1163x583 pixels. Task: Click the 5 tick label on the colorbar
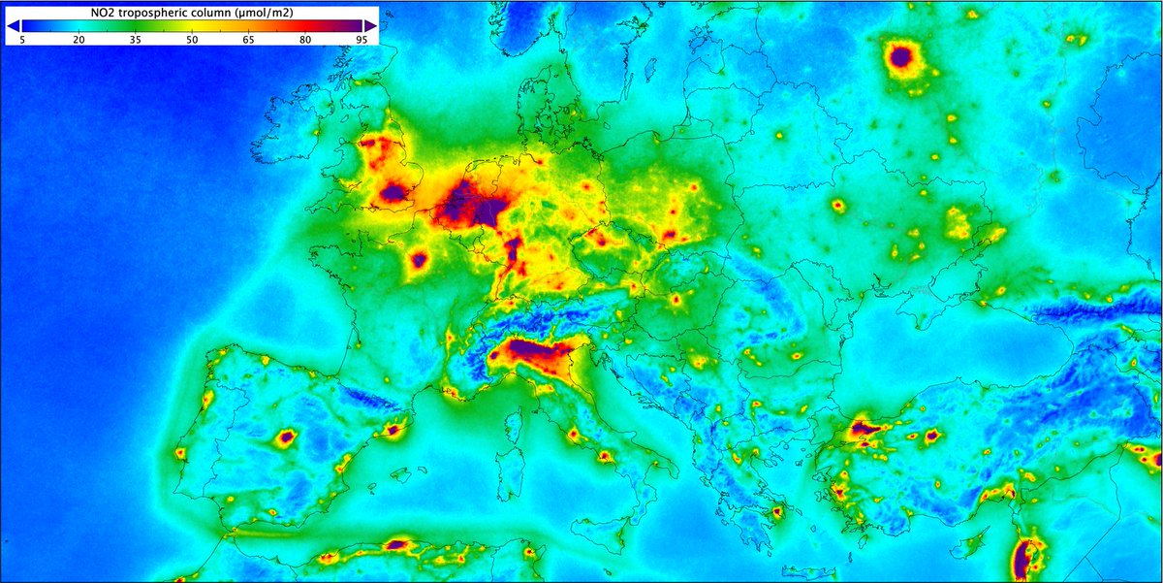(x=21, y=40)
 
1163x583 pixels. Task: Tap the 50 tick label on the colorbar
(x=192, y=40)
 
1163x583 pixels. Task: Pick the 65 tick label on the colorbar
(x=248, y=40)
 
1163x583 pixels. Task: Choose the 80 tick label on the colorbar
(x=305, y=40)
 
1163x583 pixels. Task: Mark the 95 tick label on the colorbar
(x=361, y=40)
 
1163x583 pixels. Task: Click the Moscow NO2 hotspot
(x=901, y=58)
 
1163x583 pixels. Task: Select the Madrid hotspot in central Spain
(x=285, y=437)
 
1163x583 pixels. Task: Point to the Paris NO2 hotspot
(x=419, y=259)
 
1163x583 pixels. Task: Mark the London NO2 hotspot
(x=393, y=193)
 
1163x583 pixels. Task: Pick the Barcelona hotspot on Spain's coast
(x=394, y=428)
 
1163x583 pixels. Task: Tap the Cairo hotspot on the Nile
(x=1023, y=560)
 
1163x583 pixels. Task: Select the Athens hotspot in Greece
(x=775, y=511)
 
